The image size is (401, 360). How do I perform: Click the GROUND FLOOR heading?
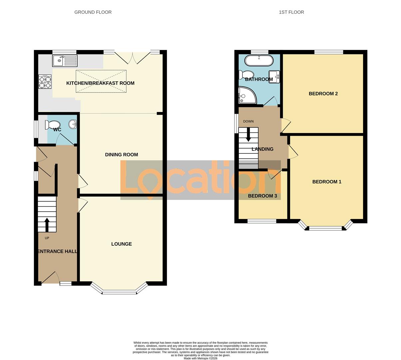93,12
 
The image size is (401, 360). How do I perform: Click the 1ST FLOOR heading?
291,12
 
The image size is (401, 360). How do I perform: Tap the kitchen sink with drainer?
65,61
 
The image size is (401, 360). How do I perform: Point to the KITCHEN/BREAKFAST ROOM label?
100,83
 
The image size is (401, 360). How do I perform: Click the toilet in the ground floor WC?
52,125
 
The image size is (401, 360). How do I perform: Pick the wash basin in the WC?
73,124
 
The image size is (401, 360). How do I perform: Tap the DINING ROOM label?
121,155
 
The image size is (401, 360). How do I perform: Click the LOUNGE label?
121,244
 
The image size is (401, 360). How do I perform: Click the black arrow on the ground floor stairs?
47,225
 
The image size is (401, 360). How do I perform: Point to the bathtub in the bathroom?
259,61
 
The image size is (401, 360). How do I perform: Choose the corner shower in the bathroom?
246,95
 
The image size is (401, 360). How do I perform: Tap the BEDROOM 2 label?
323,94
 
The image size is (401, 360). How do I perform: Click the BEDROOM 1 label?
327,182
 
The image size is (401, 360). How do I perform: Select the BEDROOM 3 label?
262,196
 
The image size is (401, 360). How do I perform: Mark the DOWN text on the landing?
248,121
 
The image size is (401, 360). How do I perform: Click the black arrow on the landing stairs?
248,135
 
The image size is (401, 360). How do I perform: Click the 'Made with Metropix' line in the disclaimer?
200,358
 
